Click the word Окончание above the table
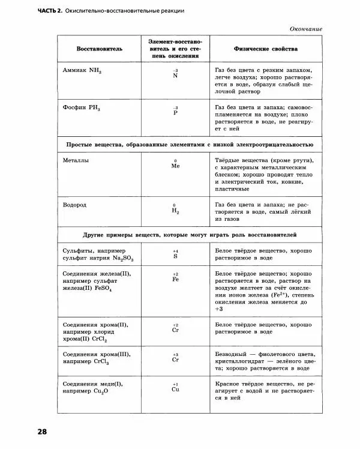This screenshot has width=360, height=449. (x=306, y=29)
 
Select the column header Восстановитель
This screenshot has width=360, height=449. (x=100, y=49)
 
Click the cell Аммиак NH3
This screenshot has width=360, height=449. (x=82, y=70)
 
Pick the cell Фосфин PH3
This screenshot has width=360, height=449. (x=82, y=109)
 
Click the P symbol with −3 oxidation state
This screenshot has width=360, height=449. (x=175, y=113)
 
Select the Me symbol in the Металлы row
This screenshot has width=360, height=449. (x=175, y=166)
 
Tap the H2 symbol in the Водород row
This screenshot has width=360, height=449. (x=175, y=211)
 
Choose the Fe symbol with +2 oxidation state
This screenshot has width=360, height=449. (x=175, y=279)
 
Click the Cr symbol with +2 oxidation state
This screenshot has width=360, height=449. (x=175, y=330)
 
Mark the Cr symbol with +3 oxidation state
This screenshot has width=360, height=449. (x=175, y=360)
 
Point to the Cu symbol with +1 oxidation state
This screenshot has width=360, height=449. (x=175, y=390)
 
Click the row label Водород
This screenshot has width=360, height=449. (x=75, y=205)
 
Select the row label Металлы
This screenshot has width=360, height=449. (x=76, y=161)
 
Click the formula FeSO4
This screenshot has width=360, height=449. (x=104, y=288)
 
